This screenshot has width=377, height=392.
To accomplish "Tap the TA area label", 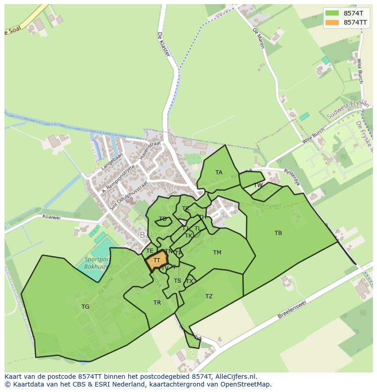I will pos(219,173).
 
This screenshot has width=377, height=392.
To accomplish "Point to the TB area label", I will pos(278,233).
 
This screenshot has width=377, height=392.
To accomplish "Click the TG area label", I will pos(85,307).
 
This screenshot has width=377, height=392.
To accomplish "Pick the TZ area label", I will pos(209,296).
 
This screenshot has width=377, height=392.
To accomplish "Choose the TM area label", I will pos(217,253).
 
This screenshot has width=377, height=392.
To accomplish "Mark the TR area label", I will pos(157,303).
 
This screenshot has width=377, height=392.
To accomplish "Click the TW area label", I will pos(258,185).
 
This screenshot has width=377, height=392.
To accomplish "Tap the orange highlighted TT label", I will pos(157,260).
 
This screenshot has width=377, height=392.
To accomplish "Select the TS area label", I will pos(178,281).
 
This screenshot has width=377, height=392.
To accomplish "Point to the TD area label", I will pos(163,219).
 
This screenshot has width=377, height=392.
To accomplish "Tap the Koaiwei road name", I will pos(51,218).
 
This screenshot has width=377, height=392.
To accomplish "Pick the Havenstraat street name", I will pos(151,149).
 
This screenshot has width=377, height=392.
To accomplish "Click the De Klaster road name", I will pos(163,44).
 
